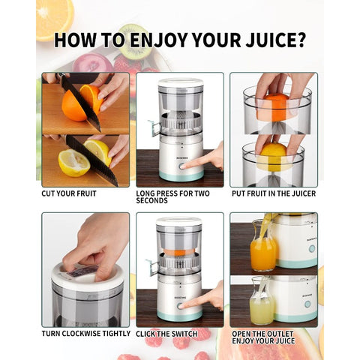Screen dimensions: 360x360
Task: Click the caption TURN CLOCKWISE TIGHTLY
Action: (85, 333)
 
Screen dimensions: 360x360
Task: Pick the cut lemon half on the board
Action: (73, 163)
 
